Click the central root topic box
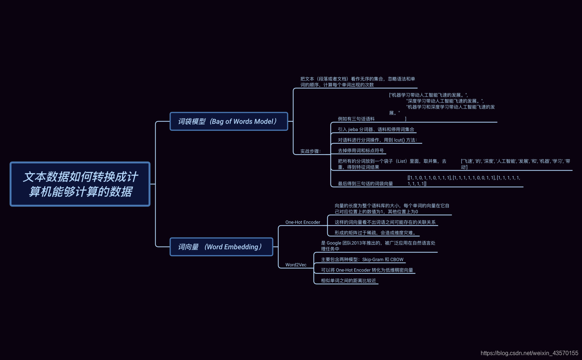(80, 184)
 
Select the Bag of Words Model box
(228, 121)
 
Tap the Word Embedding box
(221, 247)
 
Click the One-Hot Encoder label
(302, 222)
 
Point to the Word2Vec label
(296, 265)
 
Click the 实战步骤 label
(310, 151)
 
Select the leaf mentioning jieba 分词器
(376, 130)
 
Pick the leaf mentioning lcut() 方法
(377, 140)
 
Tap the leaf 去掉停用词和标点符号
(361, 151)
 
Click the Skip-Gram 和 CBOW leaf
(362, 259)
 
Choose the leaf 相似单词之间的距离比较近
(348, 281)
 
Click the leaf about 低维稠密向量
(367, 270)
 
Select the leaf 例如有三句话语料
(356, 119)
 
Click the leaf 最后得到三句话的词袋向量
(365, 184)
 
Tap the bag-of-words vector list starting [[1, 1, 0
(464, 180)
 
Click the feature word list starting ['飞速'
(515, 164)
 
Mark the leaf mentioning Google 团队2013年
(378, 246)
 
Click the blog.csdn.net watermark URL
(529, 353)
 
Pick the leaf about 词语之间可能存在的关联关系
(385, 222)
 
